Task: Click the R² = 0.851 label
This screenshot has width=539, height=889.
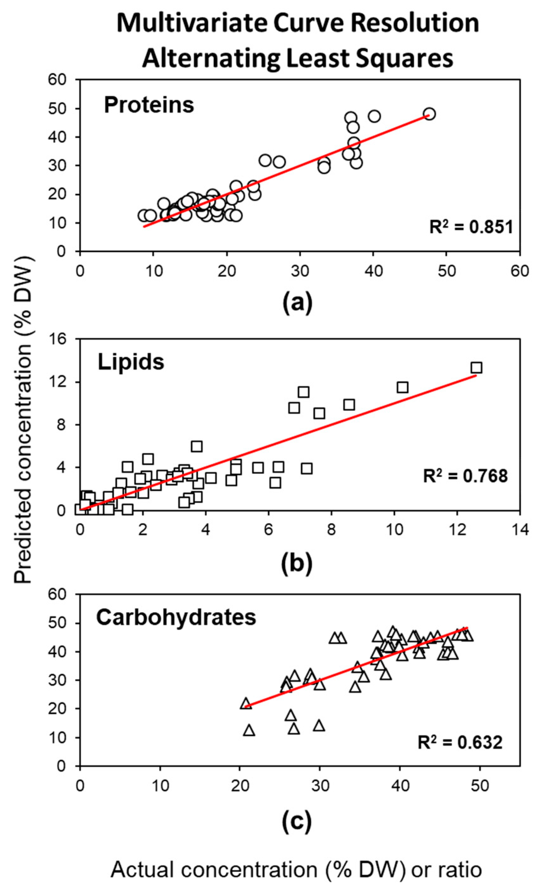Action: [471, 227]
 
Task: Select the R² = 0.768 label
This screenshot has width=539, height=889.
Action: [465, 476]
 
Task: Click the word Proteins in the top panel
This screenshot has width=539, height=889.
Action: [149, 105]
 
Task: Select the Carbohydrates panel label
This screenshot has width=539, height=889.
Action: [176, 617]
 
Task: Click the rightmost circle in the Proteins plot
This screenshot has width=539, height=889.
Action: [429, 114]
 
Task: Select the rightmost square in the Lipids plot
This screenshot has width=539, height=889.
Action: [476, 368]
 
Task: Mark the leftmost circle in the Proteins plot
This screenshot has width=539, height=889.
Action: [144, 215]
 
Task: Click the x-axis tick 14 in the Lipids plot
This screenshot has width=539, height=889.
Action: [520, 530]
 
